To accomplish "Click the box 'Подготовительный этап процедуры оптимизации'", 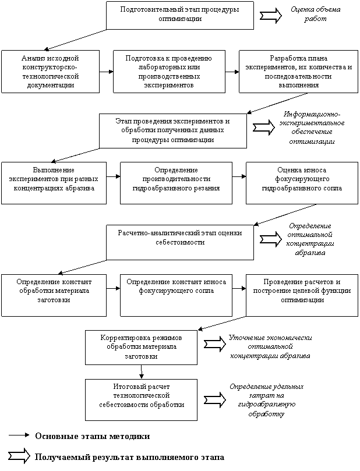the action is pyautogui.click(x=180, y=15).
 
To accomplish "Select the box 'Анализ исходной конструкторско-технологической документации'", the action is pyautogui.click(x=51, y=72).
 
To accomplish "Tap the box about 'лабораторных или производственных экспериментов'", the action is pyautogui.click(x=169, y=72).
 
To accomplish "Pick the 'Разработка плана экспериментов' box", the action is pyautogui.click(x=299, y=72).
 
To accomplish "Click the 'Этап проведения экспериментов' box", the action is pyautogui.click(x=173, y=130).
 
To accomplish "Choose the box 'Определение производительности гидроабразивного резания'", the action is pyautogui.click(x=176, y=183).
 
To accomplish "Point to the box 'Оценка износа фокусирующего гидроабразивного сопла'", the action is pyautogui.click(x=302, y=183).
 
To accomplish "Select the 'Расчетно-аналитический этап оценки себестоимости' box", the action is pyautogui.click(x=180, y=242).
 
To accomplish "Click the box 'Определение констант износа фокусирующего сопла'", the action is pyautogui.click(x=176, y=295).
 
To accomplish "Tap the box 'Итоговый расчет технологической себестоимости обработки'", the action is pyautogui.click(x=141, y=399).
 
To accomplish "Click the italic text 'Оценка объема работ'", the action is pyautogui.click(x=316, y=14).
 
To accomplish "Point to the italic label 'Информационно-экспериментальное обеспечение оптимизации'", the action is pyautogui.click(x=312, y=128).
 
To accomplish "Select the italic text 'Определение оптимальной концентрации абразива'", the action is pyautogui.click(x=310, y=239).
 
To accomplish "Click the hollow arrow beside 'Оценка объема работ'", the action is pyautogui.click(x=271, y=15).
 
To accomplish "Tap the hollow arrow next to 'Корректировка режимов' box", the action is pyautogui.click(x=215, y=343).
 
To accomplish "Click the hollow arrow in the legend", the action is pyautogui.click(x=19, y=456).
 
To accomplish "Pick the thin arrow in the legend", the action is pyautogui.click(x=19, y=435).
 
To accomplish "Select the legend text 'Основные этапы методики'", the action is pyautogui.click(x=93, y=436).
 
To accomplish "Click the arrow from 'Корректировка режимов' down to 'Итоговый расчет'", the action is pyautogui.click(x=142, y=372).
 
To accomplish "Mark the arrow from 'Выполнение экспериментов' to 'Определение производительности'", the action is pyautogui.click(x=113, y=176).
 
